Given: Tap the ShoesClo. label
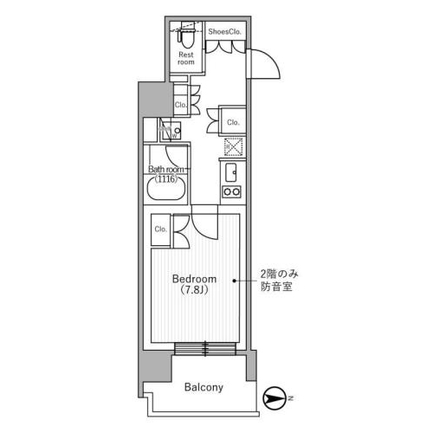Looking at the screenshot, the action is (224, 32).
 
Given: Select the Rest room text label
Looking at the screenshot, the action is (186, 58).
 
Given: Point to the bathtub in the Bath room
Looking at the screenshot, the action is (166, 188).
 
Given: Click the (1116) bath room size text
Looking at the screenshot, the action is (165, 179).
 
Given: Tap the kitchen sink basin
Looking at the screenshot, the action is (231, 172).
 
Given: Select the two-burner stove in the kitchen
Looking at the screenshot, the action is (231, 191).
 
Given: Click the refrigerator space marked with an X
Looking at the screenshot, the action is (234, 146).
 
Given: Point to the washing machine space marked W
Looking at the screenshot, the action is (171, 131).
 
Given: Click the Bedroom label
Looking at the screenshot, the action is (194, 279).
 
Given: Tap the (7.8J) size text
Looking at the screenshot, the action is (194, 289).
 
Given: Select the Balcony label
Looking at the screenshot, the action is (204, 387).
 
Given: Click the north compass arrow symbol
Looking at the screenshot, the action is (274, 398).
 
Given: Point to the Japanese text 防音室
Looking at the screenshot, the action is (276, 287).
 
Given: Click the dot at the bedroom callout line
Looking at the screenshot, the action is (235, 281).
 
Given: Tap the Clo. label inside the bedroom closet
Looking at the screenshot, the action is (161, 229).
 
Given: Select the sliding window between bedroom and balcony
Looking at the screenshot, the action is (205, 349).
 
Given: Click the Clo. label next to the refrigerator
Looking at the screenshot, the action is (233, 122).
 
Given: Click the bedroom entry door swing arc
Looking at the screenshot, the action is (202, 228).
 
